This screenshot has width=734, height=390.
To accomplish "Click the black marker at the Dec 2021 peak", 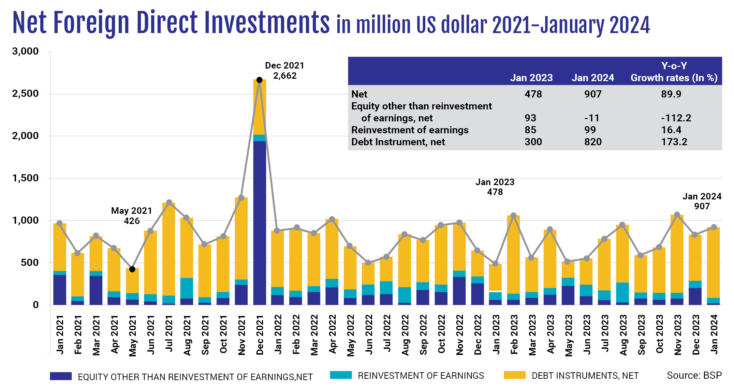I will [259, 80].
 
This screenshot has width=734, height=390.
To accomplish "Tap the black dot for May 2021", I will [132, 269].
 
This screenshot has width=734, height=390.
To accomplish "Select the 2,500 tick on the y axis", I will [25, 94].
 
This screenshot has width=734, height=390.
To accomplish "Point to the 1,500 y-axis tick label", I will [25, 178].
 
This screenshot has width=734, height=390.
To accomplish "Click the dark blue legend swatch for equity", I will [61, 376].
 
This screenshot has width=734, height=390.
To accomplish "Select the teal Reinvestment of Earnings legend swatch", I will [341, 375].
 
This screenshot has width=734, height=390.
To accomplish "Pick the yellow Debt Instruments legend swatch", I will [514, 375].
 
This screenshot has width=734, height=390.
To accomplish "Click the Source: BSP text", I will [694, 375].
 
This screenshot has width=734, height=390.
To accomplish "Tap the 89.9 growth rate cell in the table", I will [671, 94].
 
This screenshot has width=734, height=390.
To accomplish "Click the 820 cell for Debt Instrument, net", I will [593, 142].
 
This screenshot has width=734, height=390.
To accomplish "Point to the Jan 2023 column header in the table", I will [531, 78].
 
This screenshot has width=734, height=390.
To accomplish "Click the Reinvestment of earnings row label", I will [410, 130].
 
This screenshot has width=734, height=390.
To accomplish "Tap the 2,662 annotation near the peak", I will [285, 76].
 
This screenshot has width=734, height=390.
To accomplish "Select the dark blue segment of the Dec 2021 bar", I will [259, 222].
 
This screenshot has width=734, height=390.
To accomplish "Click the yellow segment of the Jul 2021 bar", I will [169, 249].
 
